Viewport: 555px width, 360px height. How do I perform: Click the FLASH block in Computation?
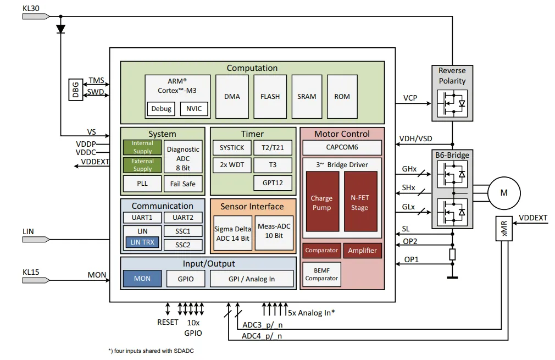(270, 96)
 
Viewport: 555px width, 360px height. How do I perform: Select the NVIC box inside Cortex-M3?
(194, 108)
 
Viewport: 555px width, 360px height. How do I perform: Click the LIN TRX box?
(143, 242)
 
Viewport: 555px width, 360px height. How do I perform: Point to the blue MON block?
(142, 278)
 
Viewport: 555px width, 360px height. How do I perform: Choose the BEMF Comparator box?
(321, 274)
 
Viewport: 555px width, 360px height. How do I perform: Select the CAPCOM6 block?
(342, 147)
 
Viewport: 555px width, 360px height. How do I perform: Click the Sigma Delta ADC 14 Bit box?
(231, 233)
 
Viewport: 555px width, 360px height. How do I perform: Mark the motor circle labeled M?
(503, 192)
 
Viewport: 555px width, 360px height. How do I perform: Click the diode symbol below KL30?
(60, 28)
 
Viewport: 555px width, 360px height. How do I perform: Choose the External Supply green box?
(142, 165)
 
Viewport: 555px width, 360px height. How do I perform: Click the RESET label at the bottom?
(168, 322)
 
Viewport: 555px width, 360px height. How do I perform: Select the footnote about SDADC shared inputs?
(151, 351)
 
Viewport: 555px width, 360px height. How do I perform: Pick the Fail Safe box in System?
(182, 184)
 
